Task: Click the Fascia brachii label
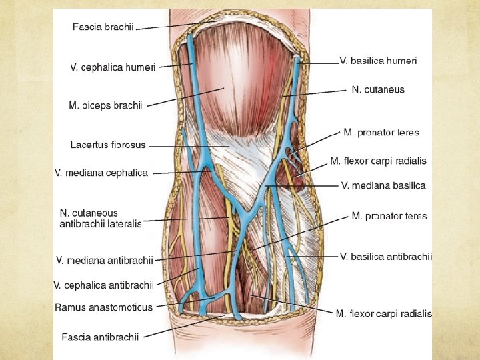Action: point(103,27)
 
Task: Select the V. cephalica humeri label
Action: point(113,67)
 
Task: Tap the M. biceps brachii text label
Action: point(105,105)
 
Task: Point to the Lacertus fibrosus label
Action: point(108,144)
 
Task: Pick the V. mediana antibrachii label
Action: point(105,259)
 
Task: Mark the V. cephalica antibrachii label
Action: point(103,285)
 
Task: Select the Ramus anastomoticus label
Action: point(103,307)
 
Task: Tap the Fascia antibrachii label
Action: point(100,337)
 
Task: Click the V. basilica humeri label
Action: point(378,61)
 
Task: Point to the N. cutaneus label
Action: point(378,89)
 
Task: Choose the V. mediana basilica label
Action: point(383,185)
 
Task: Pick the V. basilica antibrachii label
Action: point(386,256)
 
